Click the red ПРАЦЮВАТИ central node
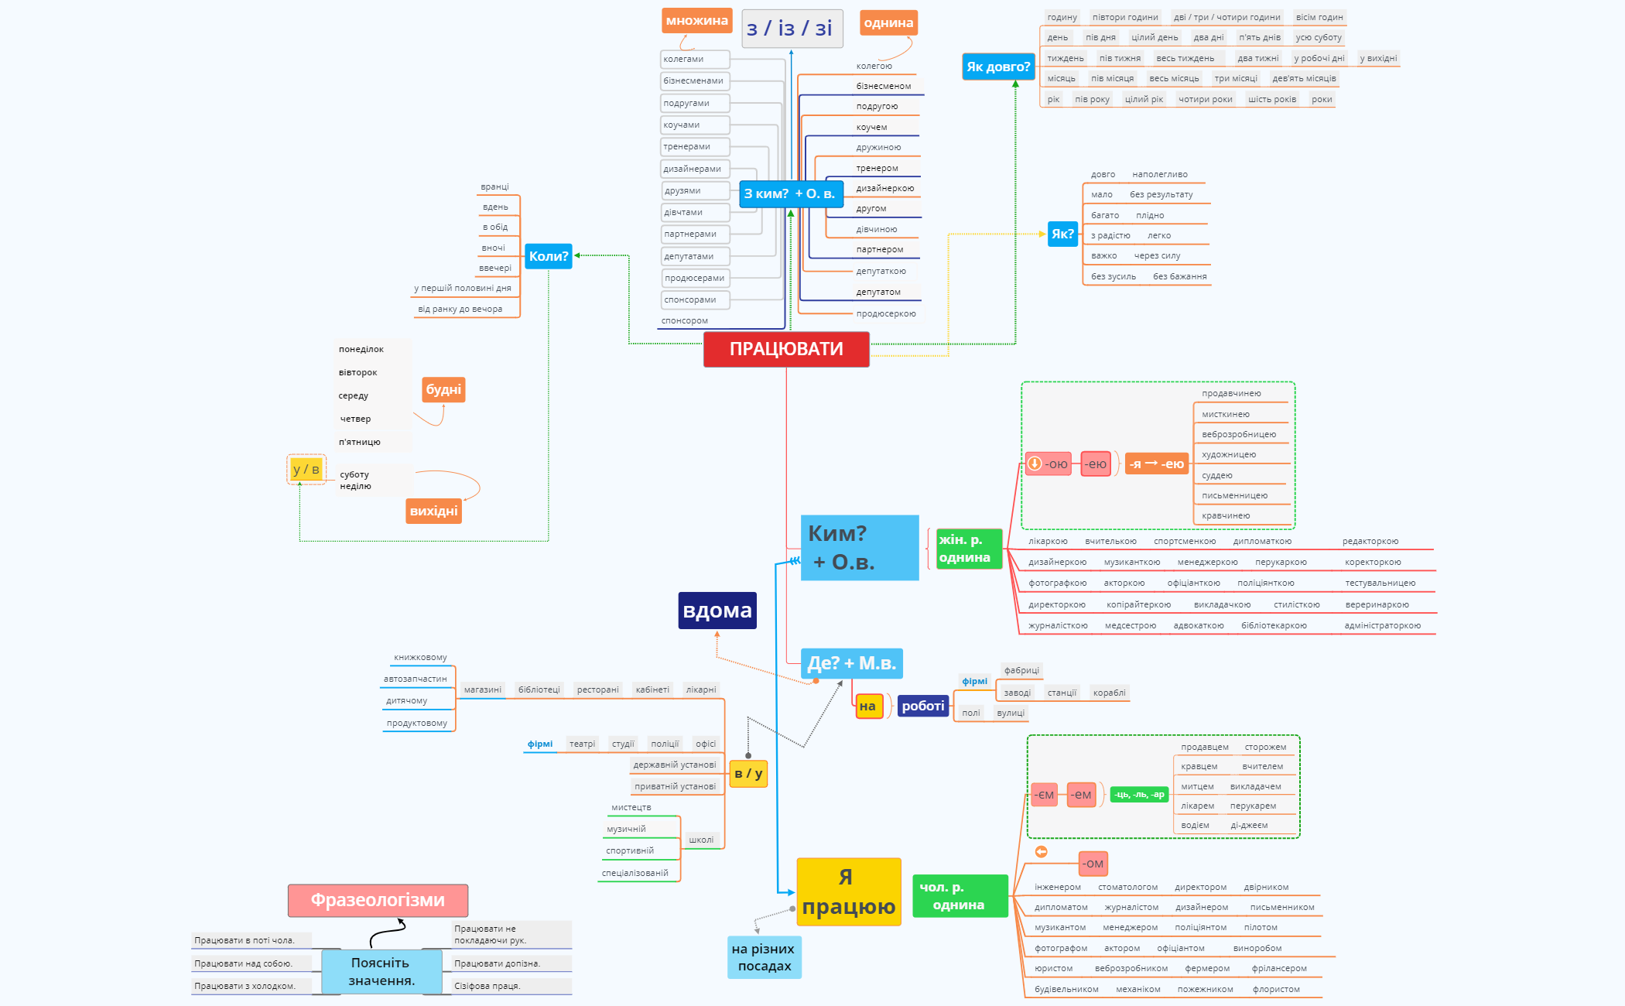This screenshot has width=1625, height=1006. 786,349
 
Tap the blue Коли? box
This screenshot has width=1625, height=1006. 549,256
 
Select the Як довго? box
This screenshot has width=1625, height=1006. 998,67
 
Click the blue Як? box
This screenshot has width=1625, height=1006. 1062,234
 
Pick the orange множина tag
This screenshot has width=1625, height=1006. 696,21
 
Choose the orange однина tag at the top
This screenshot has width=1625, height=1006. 888,23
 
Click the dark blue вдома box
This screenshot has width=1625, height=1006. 717,611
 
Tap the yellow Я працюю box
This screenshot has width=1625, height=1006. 848,891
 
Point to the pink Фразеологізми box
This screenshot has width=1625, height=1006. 378,900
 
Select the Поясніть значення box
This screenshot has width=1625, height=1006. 381,971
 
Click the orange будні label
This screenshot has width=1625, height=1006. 443,389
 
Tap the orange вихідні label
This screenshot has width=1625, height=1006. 433,511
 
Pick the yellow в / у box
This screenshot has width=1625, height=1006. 748,773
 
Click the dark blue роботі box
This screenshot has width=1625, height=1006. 923,706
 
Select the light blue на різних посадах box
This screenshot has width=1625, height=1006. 764,957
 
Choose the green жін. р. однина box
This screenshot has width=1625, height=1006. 969,549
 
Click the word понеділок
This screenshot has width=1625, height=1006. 361,350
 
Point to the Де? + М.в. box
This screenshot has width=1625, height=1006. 851,663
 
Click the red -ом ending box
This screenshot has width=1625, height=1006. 1093,864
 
